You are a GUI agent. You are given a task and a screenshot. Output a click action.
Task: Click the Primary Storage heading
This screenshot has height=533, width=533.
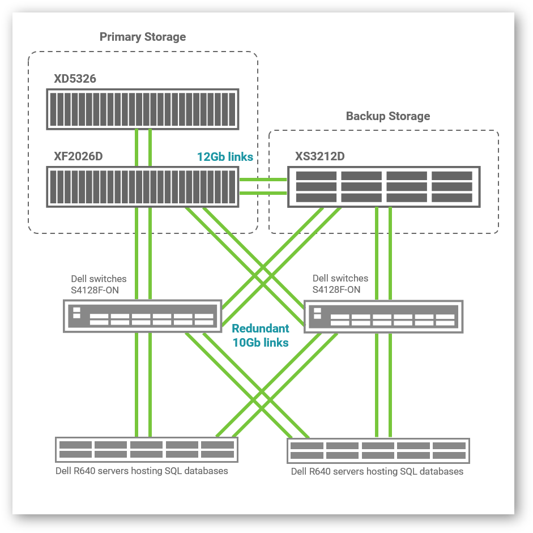tap(143, 37)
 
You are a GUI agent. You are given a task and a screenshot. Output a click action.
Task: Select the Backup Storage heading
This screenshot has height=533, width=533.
tap(388, 116)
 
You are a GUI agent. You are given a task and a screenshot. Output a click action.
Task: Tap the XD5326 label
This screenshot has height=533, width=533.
tap(75, 79)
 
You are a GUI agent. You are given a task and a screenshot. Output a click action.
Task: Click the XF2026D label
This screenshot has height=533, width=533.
tap(78, 156)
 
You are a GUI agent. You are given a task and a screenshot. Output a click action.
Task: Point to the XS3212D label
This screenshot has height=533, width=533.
tap(319, 156)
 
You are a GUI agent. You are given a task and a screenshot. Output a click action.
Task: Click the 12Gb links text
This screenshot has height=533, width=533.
tap(225, 157)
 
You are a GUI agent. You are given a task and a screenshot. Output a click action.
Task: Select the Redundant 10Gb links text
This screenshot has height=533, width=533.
tap(261, 335)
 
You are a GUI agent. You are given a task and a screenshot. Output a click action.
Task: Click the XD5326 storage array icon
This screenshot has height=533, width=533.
tap(142, 109)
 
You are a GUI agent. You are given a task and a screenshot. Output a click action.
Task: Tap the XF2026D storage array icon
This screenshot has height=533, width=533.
tap(142, 186)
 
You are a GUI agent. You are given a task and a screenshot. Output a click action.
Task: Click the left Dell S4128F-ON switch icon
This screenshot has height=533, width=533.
tap(142, 316)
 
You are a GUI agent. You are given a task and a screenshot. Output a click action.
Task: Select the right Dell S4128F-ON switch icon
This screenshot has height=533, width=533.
tap(383, 317)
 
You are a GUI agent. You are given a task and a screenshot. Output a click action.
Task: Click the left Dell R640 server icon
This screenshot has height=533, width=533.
tap(146, 450)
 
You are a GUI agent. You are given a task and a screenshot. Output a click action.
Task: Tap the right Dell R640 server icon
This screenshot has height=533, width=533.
tap(378, 450)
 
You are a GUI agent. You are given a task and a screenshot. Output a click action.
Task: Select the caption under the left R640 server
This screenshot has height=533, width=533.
tap(142, 471)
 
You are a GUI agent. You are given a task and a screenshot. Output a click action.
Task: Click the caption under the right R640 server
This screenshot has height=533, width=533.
tap(377, 471)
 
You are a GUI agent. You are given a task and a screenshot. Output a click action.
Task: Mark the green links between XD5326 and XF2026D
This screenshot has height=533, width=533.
tap(143, 147)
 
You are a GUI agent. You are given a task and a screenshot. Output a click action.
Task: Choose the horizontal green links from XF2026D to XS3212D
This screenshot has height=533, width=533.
tap(263, 186)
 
